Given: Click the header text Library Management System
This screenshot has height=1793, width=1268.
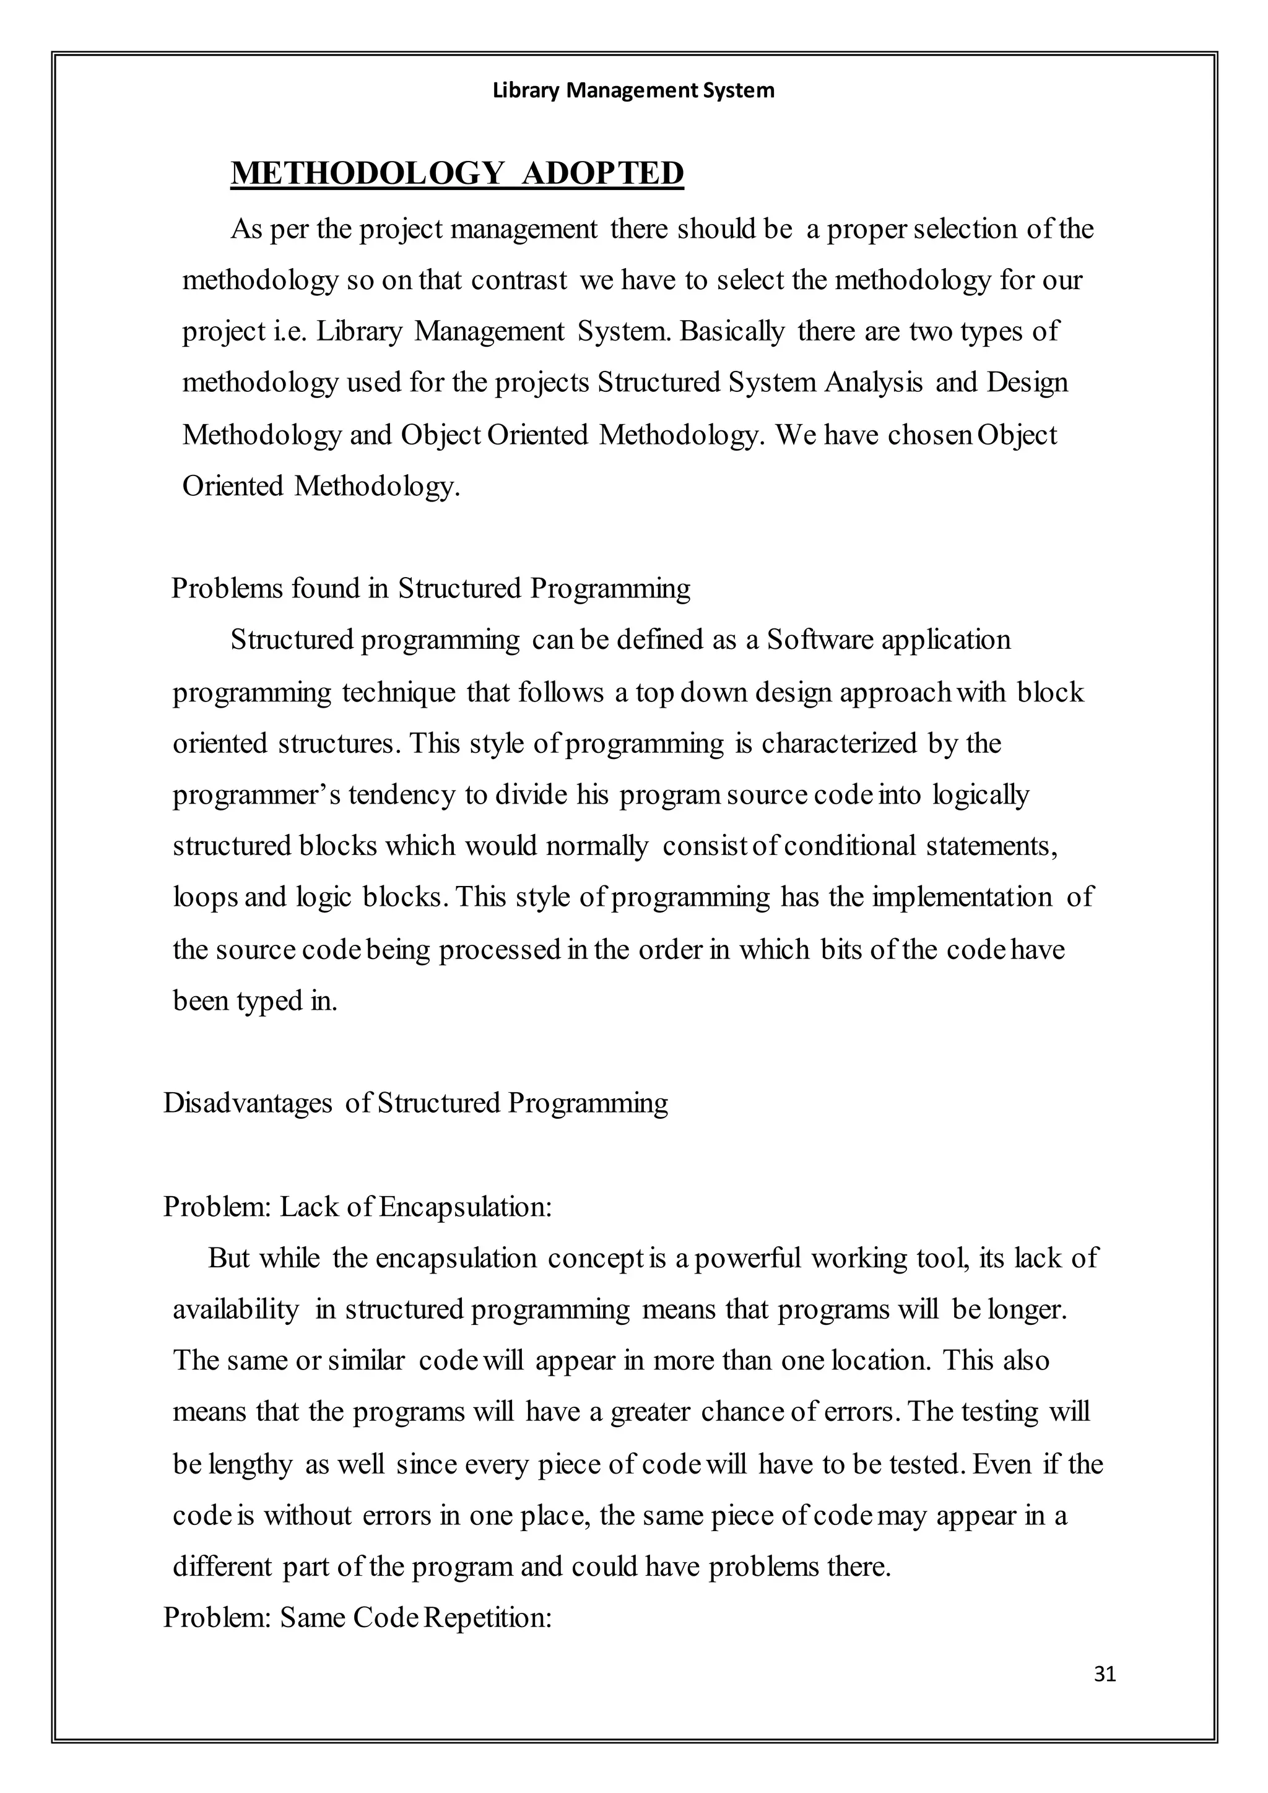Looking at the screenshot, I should [633, 90].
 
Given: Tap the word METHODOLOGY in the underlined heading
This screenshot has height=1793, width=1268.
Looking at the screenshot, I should [367, 173].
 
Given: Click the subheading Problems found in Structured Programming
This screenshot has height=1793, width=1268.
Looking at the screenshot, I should [430, 588].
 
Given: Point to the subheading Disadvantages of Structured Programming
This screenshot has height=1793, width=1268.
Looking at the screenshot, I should [415, 1103].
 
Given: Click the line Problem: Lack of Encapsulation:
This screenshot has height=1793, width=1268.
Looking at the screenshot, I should [358, 1207].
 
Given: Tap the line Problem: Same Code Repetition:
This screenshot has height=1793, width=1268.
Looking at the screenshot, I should [358, 1617].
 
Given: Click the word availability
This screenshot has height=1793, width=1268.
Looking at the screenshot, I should [235, 1309].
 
